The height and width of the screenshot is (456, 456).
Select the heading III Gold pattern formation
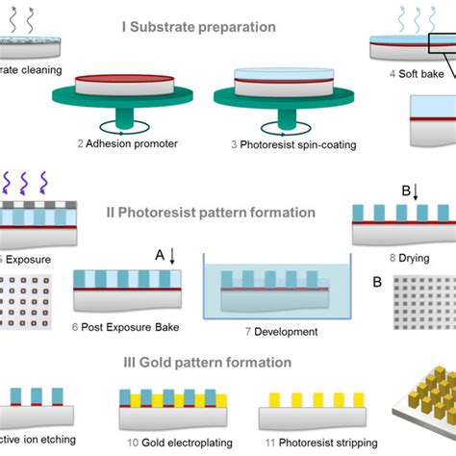(227, 363)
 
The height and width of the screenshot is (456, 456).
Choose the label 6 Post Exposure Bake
(127, 327)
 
